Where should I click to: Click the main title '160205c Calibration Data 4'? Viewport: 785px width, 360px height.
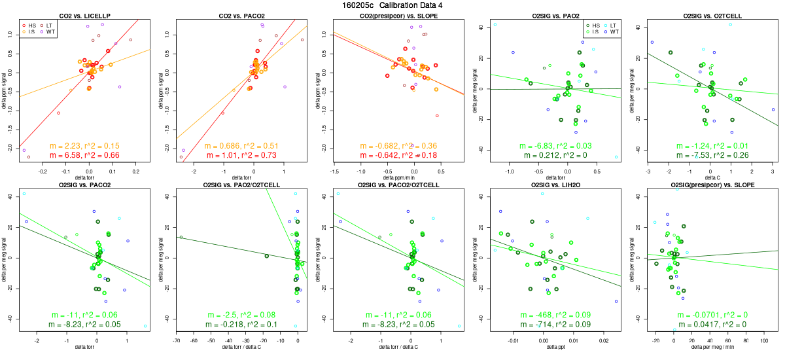392,5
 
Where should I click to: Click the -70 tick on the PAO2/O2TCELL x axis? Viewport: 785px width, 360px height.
177,340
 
